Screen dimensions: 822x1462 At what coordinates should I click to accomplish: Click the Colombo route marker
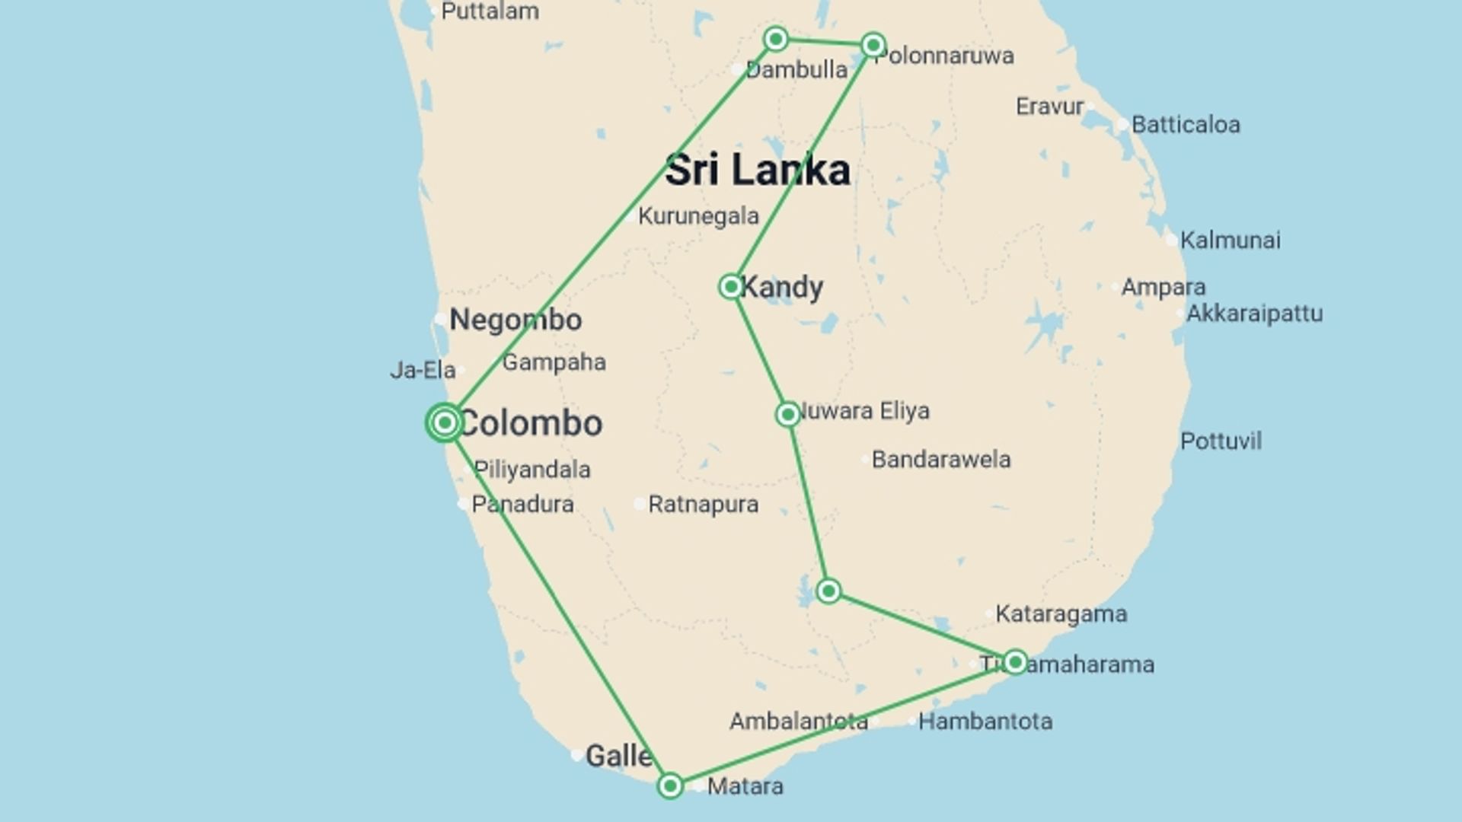[x=445, y=422]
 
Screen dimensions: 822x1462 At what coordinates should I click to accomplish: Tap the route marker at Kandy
[x=730, y=287]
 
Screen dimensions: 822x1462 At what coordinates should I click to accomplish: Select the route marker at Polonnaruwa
[x=873, y=45]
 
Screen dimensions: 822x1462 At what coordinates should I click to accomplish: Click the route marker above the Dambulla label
[x=775, y=39]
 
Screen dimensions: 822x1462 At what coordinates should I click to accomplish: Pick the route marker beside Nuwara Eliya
[x=788, y=414]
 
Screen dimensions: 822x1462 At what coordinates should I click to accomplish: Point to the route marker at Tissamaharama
[x=1014, y=661]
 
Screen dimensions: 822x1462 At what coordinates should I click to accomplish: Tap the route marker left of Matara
[x=670, y=785]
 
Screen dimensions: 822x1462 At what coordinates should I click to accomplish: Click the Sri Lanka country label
[x=757, y=170]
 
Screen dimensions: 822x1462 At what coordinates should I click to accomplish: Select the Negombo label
[x=516, y=320]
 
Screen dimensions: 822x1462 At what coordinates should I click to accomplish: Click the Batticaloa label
[x=1185, y=125]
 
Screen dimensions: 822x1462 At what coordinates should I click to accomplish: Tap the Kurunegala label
[x=698, y=216]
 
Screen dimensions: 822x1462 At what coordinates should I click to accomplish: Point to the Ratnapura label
[x=703, y=505]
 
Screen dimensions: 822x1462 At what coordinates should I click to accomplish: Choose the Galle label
[x=618, y=756]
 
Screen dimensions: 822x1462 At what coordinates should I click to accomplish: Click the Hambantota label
[x=985, y=722]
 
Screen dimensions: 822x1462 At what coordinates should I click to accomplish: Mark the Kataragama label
[x=1061, y=614]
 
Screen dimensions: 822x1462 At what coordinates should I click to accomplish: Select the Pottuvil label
[x=1221, y=441]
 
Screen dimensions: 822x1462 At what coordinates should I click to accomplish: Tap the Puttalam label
[x=490, y=11]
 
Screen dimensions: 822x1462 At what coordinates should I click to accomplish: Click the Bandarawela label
[x=941, y=460]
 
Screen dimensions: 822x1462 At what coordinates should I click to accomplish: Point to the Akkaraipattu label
[x=1254, y=314]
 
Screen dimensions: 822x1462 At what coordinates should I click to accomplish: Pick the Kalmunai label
[x=1230, y=241]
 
